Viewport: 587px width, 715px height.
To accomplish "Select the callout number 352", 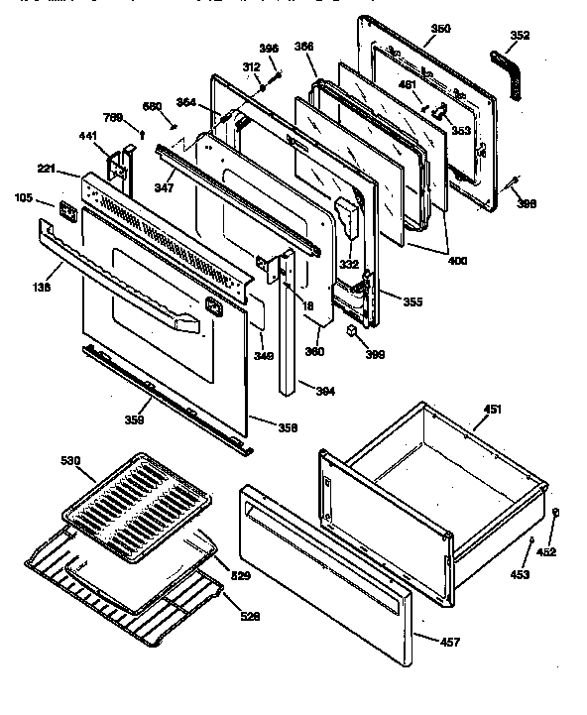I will tap(520, 36).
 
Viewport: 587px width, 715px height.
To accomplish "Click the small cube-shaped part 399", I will tap(353, 331).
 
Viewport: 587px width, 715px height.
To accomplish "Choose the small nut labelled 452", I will tap(557, 513).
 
